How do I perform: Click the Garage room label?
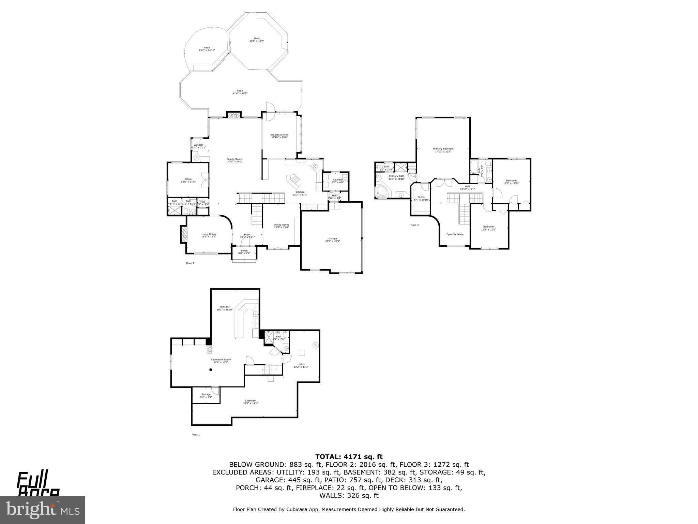click(x=332, y=240)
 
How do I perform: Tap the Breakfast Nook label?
click(x=279, y=136)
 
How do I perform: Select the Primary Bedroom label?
click(x=443, y=150)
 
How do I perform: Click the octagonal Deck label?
click(x=257, y=40)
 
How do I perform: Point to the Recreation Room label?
click(x=221, y=361)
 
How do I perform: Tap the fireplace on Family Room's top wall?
click(x=234, y=115)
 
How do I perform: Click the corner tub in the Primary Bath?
click(x=382, y=191)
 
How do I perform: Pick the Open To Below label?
click(x=455, y=234)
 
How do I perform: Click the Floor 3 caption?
click(x=414, y=225)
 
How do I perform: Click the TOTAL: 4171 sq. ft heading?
click(x=349, y=457)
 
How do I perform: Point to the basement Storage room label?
click(x=206, y=396)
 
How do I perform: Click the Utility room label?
click(x=301, y=365)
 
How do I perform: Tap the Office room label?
click(x=188, y=180)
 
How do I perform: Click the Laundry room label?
click(x=338, y=181)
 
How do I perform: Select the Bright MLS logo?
click(x=43, y=510)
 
